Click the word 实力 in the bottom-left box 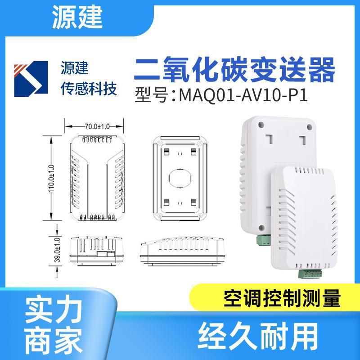54,310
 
